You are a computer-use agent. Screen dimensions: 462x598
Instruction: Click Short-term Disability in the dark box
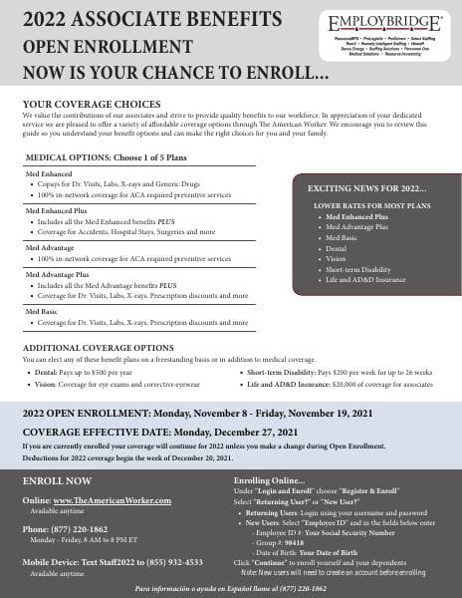355,269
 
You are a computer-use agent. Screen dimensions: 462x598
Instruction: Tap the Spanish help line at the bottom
231,589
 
